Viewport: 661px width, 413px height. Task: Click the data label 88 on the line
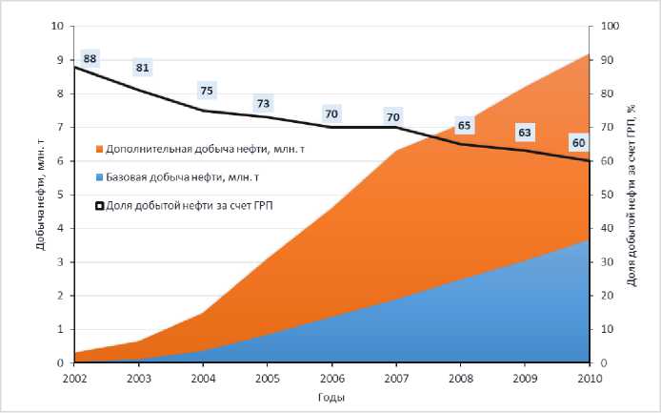pyautogui.click(x=90, y=59)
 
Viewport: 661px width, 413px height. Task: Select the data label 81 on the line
pyautogui.click(x=143, y=68)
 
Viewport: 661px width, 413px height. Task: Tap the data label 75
pyautogui.click(x=208, y=91)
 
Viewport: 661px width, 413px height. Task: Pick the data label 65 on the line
pyautogui.click(x=464, y=125)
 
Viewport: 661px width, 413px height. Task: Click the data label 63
pyautogui.click(x=524, y=132)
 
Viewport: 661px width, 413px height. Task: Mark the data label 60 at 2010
pyautogui.click(x=577, y=143)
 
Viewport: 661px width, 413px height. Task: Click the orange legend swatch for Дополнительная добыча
pyautogui.click(x=98, y=149)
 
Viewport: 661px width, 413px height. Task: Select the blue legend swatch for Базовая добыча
pyautogui.click(x=98, y=177)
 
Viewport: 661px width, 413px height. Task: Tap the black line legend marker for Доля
pyautogui.click(x=98, y=205)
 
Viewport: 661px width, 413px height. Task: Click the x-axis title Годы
pyautogui.click(x=331, y=397)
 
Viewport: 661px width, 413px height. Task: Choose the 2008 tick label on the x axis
pyautogui.click(x=460, y=378)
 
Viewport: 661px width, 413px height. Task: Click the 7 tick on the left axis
pyautogui.click(x=60, y=128)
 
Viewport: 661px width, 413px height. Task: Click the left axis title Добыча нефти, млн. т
pyautogui.click(x=41, y=196)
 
